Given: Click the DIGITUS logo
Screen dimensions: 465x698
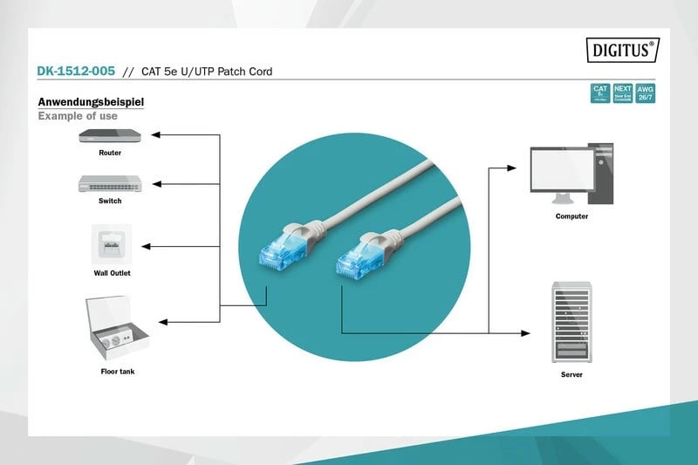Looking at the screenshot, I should pyautogui.click(x=620, y=51).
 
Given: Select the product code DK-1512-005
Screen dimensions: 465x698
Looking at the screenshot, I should pyautogui.click(x=75, y=72).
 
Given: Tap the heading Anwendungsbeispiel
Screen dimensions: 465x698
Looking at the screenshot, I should pyautogui.click(x=91, y=102).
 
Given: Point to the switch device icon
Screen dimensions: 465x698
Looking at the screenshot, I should pyautogui.click(x=110, y=183).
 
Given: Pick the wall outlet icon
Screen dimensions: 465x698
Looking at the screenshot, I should pyautogui.click(x=111, y=244).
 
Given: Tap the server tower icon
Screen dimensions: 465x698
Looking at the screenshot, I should pyautogui.click(x=571, y=321).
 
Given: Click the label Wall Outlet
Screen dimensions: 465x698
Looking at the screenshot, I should pyautogui.click(x=112, y=273).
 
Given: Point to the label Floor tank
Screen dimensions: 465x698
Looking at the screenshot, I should pyautogui.click(x=118, y=372).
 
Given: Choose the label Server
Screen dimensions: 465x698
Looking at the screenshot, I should pyautogui.click(x=571, y=374).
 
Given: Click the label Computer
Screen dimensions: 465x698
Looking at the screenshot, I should pyautogui.click(x=571, y=216).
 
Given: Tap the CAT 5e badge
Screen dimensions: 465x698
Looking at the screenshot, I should pyautogui.click(x=599, y=93).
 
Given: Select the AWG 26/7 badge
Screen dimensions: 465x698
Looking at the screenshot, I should pyautogui.click(x=646, y=93).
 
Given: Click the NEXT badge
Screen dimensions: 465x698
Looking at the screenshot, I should pyautogui.click(x=622, y=93).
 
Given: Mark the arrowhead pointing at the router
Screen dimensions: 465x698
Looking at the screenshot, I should pyautogui.click(x=155, y=135).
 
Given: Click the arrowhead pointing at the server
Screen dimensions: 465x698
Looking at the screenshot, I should pyautogui.click(x=525, y=332).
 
